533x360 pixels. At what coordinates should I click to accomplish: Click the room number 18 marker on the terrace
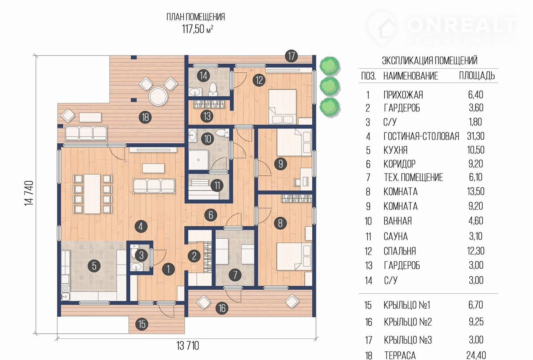(x=145, y=117)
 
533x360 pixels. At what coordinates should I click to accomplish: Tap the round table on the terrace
(x=158, y=96)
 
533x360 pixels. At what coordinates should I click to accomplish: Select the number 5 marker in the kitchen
(x=94, y=266)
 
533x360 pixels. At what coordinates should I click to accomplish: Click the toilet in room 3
(x=135, y=248)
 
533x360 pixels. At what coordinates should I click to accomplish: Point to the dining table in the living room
(x=92, y=194)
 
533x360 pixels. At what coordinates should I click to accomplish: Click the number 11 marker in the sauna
(x=217, y=185)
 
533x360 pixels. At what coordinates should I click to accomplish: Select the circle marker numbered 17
(x=291, y=56)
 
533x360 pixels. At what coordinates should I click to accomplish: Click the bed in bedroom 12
(x=283, y=107)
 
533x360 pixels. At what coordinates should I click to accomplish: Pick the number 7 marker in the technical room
(x=235, y=275)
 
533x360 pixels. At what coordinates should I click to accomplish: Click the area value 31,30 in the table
(x=476, y=136)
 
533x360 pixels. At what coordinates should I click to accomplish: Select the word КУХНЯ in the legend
(x=396, y=150)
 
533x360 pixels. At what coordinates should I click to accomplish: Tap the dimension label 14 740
(x=29, y=193)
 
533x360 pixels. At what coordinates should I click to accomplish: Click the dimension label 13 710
(x=187, y=346)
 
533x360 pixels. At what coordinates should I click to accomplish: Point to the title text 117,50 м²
(x=198, y=29)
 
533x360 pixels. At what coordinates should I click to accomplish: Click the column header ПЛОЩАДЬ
(x=477, y=76)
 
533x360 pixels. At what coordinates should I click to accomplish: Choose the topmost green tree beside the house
(x=329, y=66)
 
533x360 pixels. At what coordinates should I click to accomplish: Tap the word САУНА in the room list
(x=396, y=236)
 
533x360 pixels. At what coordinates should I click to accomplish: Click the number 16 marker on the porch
(x=222, y=308)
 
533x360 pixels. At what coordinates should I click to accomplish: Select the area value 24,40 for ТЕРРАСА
(x=476, y=355)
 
